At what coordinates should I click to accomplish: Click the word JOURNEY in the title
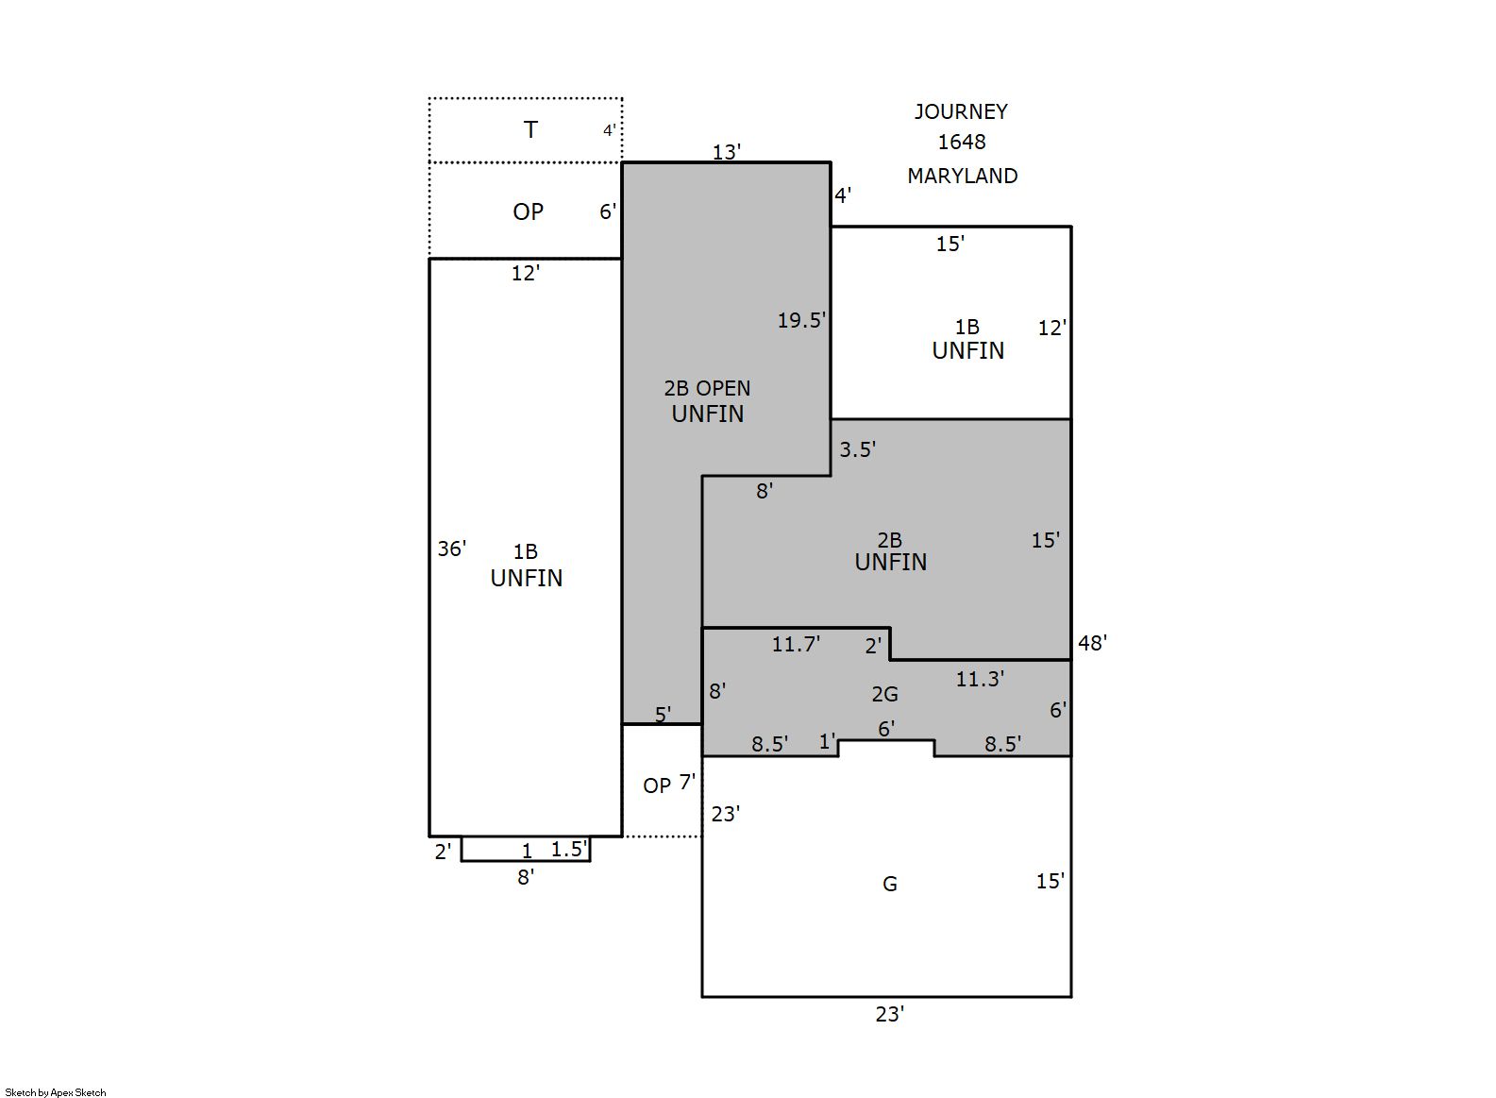point(961,111)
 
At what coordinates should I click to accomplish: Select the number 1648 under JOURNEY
point(962,142)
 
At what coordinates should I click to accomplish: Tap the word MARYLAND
point(963,176)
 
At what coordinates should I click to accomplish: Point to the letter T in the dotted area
point(530,129)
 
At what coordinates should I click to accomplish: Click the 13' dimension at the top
point(727,152)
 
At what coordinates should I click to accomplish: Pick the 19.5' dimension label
point(801,321)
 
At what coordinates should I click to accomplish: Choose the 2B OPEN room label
point(707,388)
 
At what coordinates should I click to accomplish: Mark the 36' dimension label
point(451,549)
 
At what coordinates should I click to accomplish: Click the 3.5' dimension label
point(858,449)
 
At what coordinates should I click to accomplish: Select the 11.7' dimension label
point(796,644)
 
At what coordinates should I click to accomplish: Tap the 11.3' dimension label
point(980,679)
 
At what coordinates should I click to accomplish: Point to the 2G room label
point(885,695)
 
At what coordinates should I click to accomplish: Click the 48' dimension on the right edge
point(1093,643)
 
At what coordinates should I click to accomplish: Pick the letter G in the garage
point(890,885)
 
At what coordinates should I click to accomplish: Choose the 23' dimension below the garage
point(890,1015)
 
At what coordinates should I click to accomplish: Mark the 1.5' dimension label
point(569,849)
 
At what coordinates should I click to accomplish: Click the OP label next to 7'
point(657,786)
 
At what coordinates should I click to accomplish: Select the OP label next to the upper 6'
point(529,211)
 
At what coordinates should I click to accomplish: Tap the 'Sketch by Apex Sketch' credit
point(56,1092)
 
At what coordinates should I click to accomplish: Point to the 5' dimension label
point(663,716)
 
